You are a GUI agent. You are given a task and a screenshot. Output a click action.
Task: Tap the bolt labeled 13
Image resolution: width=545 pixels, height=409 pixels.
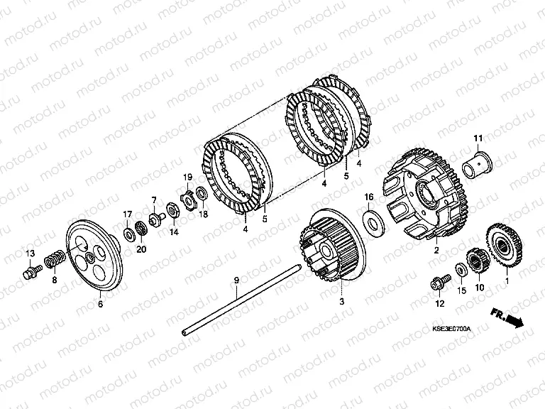click(32, 271)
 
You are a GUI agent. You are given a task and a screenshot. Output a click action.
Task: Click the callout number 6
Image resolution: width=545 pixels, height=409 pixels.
click(101, 304)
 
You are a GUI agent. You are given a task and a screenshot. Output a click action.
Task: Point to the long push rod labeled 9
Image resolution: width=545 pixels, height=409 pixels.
click(241, 300)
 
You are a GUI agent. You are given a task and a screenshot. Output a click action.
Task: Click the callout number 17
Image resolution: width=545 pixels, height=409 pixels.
click(128, 214)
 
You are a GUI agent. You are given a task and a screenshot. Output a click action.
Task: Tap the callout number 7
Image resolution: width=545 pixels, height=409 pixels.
click(153, 200)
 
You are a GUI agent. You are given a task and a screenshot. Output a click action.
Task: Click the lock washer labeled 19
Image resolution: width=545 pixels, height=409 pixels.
click(189, 200)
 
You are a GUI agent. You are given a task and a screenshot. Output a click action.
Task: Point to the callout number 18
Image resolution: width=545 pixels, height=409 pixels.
click(204, 214)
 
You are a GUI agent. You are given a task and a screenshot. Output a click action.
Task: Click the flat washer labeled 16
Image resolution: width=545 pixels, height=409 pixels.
click(374, 222)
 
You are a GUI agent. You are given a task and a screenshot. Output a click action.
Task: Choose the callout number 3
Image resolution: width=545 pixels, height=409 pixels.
click(341, 301)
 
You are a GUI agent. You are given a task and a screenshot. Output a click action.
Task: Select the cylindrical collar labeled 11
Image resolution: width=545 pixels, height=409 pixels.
click(478, 164)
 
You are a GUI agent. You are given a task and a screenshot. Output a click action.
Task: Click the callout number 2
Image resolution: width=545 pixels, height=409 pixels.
click(436, 250)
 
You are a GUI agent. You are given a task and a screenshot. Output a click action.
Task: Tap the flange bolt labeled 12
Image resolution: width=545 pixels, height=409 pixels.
click(441, 283)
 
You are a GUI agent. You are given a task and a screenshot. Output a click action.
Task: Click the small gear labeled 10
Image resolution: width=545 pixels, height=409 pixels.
click(477, 261)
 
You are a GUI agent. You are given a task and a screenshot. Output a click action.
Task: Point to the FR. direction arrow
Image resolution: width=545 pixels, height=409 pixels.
click(507, 317)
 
